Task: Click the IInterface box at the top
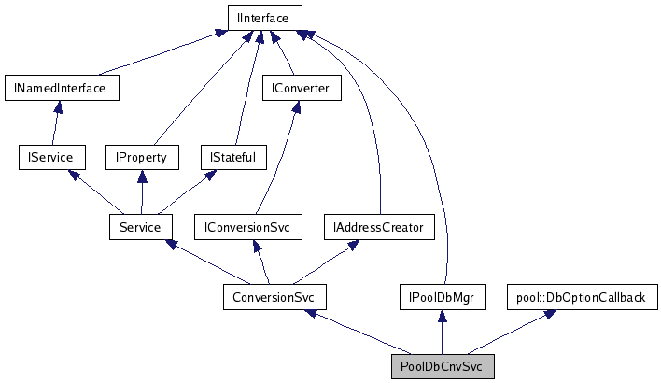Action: coord(264,18)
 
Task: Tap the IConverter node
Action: coord(302,88)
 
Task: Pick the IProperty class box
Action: coord(141,157)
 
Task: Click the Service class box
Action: coord(140,227)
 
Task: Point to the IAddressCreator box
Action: coord(379,227)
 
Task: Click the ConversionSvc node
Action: coord(274,297)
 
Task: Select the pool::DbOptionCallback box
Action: coord(581,297)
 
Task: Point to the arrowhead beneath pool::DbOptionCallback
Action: coord(550,315)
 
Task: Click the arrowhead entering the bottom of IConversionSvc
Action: coord(256,247)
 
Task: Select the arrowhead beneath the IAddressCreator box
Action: coord(354,245)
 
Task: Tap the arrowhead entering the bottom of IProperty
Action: coord(141,177)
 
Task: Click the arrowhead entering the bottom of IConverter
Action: coord(297,107)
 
